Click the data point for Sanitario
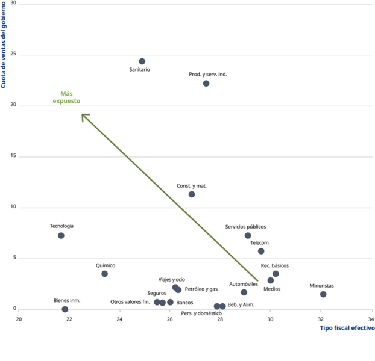[x=142, y=61]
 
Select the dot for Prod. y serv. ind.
[x=206, y=84]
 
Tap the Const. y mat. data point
[x=192, y=194]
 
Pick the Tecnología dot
[x=61, y=236]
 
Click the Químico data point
[x=104, y=274]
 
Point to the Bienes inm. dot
[x=65, y=309]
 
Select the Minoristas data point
[x=323, y=294]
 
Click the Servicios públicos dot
[x=248, y=236]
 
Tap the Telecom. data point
[x=261, y=251]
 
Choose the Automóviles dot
[x=244, y=292]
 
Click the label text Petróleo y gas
[x=201, y=289]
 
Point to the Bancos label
[x=184, y=303]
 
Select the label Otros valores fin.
[x=130, y=302]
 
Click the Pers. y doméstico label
[x=201, y=313]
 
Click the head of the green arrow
[x=83, y=115]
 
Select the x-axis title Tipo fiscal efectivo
[x=347, y=328]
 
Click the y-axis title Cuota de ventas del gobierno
[x=4, y=45]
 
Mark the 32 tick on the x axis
[x=321, y=319]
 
